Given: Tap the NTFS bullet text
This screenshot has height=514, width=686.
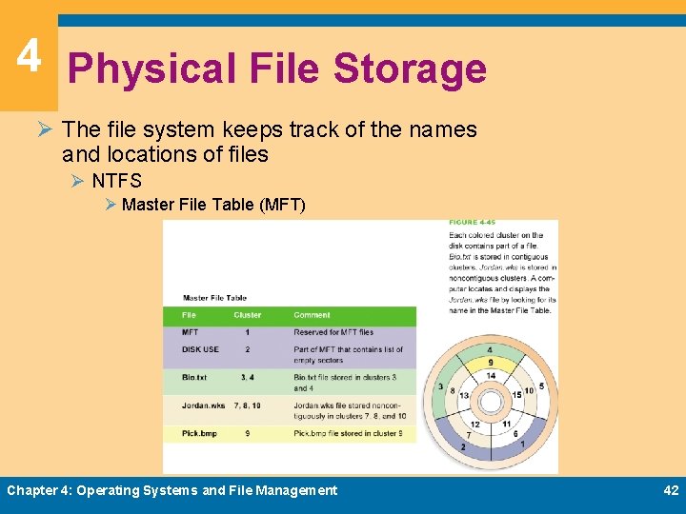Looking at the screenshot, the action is (116, 181).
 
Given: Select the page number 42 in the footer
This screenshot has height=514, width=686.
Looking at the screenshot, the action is (671, 490).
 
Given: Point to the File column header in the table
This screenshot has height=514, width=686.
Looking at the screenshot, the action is (190, 315).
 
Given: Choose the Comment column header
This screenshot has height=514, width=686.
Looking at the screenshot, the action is (313, 315).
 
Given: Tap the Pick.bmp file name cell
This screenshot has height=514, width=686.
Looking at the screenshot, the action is (199, 433).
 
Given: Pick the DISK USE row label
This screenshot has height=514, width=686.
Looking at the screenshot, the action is (200, 349).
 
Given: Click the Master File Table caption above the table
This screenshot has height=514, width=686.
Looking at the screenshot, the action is (214, 298).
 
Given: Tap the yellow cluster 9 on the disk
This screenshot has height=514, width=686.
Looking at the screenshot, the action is (490, 362).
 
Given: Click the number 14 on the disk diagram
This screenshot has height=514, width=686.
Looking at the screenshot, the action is (490, 377).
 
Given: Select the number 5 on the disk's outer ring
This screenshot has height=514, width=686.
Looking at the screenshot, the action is (541, 385).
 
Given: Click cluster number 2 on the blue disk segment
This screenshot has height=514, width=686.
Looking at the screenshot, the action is (463, 445).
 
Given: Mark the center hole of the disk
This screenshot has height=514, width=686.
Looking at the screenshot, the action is (490, 402).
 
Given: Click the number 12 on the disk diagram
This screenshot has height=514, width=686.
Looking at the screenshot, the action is (474, 425).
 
